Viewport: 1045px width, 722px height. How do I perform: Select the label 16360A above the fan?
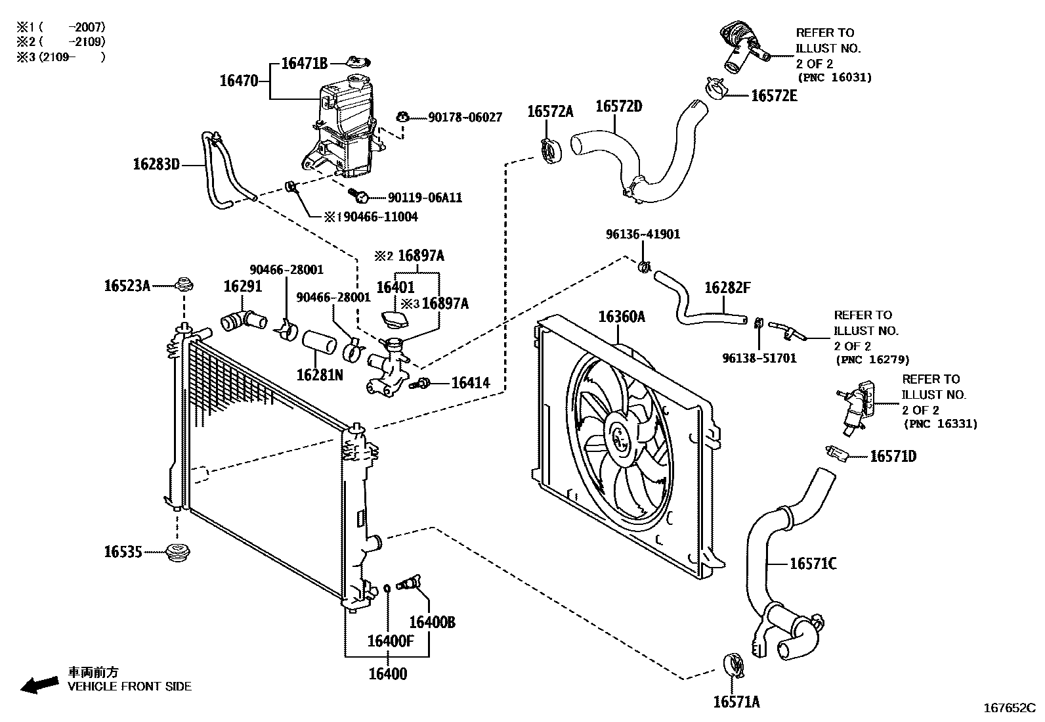coord(621,317)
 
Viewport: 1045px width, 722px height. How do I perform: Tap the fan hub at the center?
coord(619,434)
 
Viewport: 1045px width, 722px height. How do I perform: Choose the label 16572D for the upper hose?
coord(618,106)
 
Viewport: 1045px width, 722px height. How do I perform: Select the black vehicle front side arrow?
coord(38,683)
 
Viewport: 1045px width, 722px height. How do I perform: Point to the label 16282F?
coord(727,288)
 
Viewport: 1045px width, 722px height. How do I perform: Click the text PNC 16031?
coord(834,78)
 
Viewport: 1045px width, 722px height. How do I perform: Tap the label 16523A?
coord(127,285)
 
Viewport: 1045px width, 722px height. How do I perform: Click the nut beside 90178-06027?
coord(402,118)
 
